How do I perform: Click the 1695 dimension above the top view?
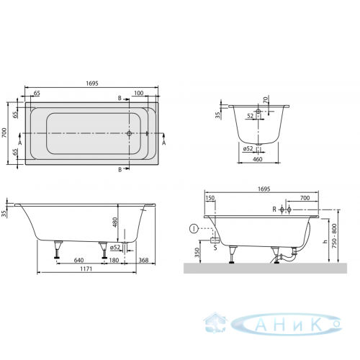[x=92, y=83]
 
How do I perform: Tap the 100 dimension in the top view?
[x=139, y=93]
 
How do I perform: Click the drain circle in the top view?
[x=129, y=133]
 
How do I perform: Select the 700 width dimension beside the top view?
[x=4, y=132]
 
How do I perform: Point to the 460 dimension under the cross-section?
[x=258, y=159]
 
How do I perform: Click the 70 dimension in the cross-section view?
[x=265, y=99]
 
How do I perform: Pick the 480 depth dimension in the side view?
[x=115, y=222]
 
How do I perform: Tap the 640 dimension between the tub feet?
[x=78, y=260]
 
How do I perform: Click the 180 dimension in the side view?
[x=114, y=260]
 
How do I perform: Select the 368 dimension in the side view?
[x=143, y=260]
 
